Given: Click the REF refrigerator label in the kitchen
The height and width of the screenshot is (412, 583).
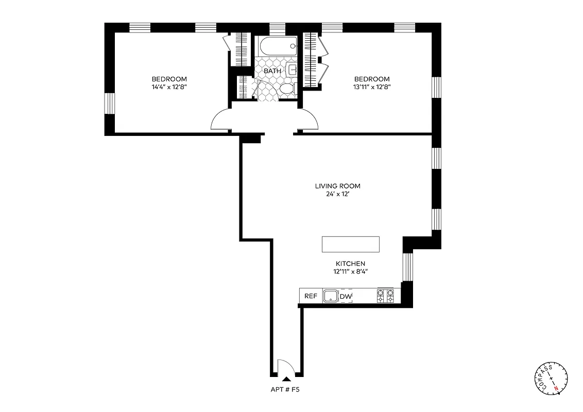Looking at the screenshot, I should [x=310, y=296].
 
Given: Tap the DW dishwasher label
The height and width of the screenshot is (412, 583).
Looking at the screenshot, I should [x=346, y=296].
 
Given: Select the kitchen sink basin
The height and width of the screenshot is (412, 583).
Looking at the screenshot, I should [x=330, y=296].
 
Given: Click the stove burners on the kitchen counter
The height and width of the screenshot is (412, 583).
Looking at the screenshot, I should [x=386, y=296].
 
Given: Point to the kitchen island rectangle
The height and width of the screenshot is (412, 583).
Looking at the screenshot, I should [x=350, y=244].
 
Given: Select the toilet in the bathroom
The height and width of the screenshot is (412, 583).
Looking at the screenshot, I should [x=286, y=89].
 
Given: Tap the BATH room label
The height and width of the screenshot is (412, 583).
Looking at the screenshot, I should [x=272, y=71].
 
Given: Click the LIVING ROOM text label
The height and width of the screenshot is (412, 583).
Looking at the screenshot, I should [x=337, y=186].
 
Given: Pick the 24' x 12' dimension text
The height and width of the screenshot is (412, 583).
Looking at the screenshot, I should [x=337, y=195].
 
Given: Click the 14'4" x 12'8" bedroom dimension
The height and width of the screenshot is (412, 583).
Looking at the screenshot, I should [x=169, y=88].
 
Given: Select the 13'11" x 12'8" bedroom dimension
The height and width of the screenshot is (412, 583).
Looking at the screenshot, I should [x=371, y=88].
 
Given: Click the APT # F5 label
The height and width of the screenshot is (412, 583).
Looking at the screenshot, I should [x=285, y=390].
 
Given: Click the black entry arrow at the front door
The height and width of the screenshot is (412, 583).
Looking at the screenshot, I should [x=286, y=378].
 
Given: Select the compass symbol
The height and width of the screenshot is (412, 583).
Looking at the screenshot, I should [x=552, y=379].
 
